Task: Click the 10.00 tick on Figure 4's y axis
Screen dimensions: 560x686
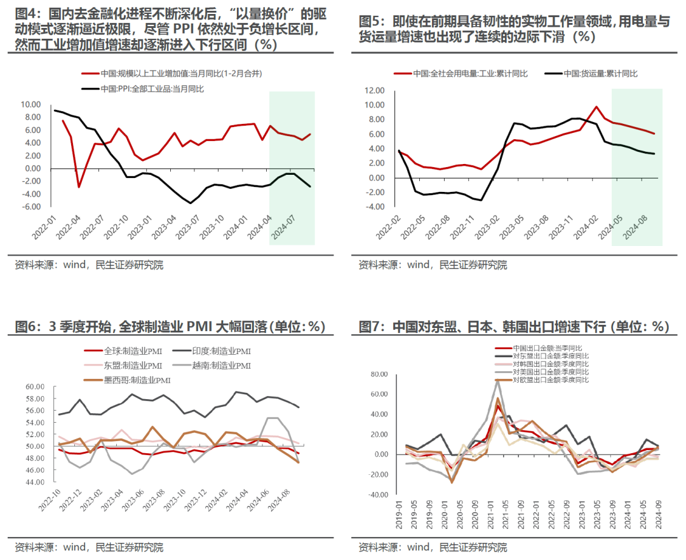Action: (30, 104)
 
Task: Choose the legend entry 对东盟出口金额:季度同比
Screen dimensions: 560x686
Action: (550, 356)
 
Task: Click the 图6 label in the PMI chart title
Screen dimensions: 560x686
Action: (26, 327)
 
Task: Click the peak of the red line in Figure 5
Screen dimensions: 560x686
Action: (596, 107)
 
